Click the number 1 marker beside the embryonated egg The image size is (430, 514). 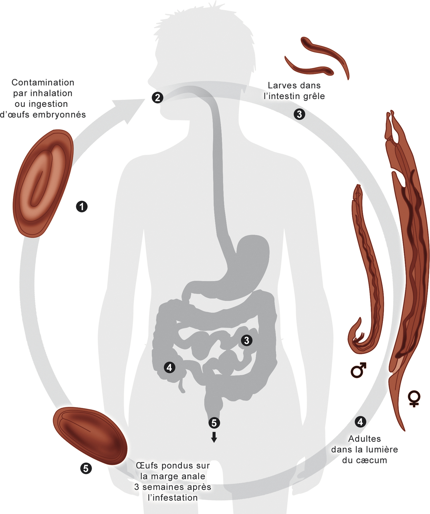coord(82,207)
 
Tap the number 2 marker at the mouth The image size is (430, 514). coord(157,97)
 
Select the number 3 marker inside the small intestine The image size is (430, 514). coord(246,340)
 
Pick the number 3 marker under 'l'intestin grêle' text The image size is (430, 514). coord(299,114)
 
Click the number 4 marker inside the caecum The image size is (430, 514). coord(169,367)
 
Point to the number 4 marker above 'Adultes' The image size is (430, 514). coord(360,422)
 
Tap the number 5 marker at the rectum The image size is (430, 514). coord(214,423)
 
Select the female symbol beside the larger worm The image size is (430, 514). coord(414,398)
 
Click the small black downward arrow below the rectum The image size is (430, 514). coord(214,437)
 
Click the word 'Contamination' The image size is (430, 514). coord(43,82)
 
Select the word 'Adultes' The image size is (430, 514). coord(364,439)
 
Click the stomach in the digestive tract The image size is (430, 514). coord(248,261)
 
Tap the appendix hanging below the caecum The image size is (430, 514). coord(181,386)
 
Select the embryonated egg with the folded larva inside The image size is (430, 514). coord(43,184)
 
